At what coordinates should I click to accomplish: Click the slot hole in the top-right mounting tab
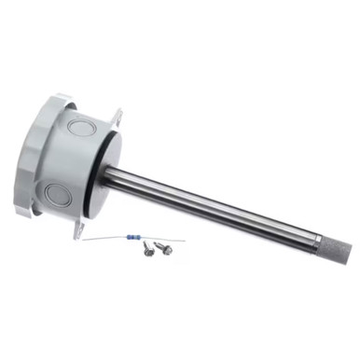coord(118,117)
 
